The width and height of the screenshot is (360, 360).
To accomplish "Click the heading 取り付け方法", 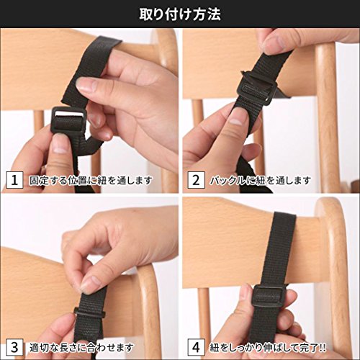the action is tap(180, 14).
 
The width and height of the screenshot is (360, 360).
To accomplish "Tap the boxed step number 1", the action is tap(14, 180).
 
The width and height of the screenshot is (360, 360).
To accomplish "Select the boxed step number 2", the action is tap(196, 180).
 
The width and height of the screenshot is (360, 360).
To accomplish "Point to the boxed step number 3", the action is tap(14, 347).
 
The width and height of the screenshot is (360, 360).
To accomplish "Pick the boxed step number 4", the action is tap(196, 347).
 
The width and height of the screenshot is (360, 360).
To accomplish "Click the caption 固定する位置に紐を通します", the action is tap(91, 180).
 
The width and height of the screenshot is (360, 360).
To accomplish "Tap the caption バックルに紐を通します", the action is tap(261, 180).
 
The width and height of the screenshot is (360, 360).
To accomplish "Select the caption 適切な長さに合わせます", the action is tap(81, 347).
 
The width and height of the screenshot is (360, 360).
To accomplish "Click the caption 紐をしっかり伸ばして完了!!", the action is tap(268, 347).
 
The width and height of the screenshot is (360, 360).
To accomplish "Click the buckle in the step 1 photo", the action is tap(68, 120).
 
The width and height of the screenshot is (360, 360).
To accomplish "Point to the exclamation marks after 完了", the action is tap(323, 347).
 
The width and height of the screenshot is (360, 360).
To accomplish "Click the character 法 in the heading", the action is tap(214, 14).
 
